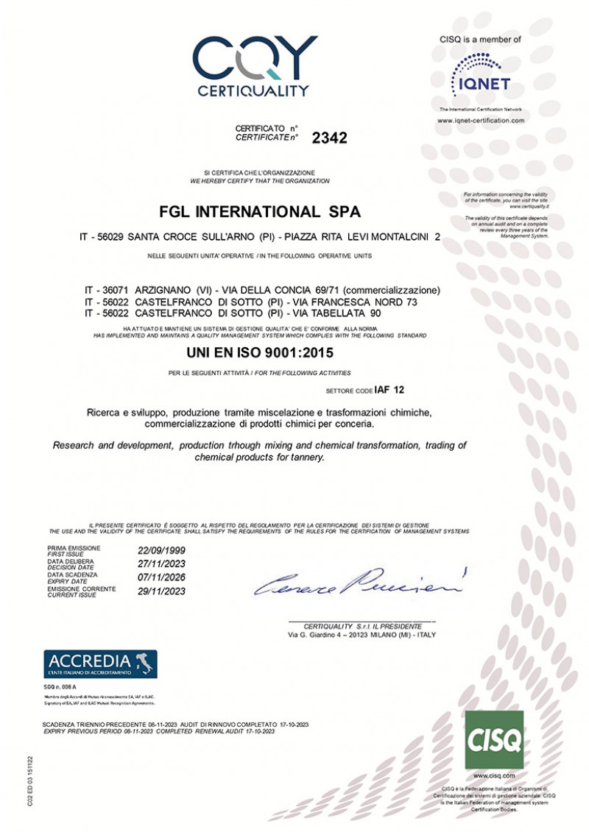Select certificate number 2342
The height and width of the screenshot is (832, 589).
point(329,138)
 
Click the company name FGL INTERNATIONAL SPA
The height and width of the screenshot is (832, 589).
point(260,213)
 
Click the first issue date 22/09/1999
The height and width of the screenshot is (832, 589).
point(161,550)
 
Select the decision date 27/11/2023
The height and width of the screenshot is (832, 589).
point(161,564)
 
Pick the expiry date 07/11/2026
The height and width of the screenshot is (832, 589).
point(161,577)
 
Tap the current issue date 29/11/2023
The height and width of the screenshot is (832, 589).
point(161,591)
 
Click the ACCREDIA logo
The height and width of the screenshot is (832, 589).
point(100,664)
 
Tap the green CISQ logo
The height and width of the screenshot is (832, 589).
point(494,740)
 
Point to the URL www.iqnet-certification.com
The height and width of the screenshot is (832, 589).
point(481,120)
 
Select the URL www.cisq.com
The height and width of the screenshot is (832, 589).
point(494,775)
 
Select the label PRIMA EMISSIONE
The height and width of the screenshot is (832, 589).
point(74,548)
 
